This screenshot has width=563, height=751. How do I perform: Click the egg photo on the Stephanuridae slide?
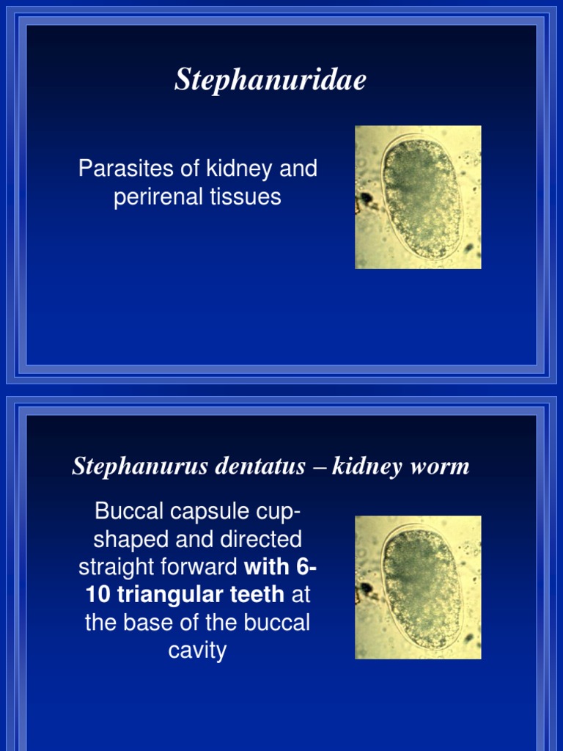(418, 197)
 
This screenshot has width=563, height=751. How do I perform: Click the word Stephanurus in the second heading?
(132, 466)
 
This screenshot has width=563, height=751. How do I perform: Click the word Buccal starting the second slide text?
(126, 511)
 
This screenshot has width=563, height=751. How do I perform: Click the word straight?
(115, 567)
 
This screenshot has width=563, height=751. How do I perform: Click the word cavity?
(197, 651)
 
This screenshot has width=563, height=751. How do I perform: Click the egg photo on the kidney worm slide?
(418, 587)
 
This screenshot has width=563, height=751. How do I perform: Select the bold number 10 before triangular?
(97, 595)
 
